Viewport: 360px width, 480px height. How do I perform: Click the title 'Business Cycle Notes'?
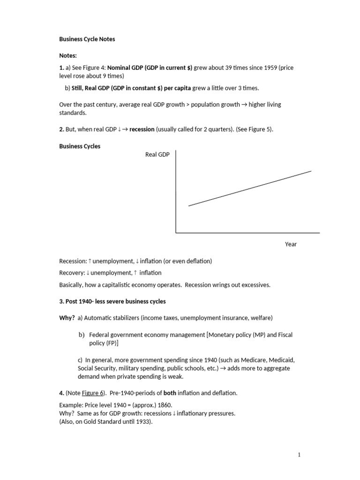tap(87, 39)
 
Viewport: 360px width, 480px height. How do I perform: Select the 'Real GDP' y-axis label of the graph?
tap(157, 155)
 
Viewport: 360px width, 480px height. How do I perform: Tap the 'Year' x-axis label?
tap(291, 244)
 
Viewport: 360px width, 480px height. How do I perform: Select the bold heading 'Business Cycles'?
tap(80, 146)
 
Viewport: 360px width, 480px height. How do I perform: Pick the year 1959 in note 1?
tap(269, 68)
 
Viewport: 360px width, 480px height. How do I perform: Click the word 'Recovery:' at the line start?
tap(72, 273)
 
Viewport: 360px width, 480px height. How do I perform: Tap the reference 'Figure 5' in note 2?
tap(259, 129)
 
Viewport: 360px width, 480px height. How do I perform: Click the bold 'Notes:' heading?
tap(68, 55)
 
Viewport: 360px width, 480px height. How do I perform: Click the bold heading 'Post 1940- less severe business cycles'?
tap(112, 301)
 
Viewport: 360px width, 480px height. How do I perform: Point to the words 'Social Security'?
tap(94, 368)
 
